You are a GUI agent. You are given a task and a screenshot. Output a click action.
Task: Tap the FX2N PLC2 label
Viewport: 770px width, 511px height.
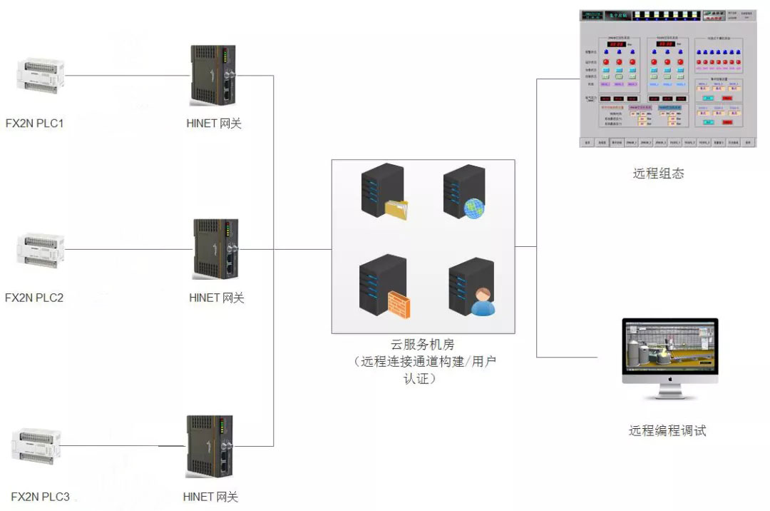coord(34,298)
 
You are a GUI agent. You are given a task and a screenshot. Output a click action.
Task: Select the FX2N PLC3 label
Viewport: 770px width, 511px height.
coord(41,497)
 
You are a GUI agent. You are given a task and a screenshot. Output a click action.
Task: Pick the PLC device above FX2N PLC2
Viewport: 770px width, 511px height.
coord(41,250)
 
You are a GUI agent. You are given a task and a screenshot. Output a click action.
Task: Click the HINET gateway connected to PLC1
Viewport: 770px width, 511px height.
coord(212,76)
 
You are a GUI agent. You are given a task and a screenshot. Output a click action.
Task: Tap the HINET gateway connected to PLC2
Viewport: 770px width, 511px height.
coord(215,249)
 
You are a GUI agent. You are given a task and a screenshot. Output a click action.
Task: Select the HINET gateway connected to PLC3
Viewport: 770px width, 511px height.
coord(209,446)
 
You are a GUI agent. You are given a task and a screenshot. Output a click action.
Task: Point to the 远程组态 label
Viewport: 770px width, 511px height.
coord(658,173)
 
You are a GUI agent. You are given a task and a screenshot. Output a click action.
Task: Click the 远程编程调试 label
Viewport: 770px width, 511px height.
coord(667,430)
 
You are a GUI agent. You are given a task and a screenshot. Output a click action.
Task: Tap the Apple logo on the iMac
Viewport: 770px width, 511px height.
coord(670,383)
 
